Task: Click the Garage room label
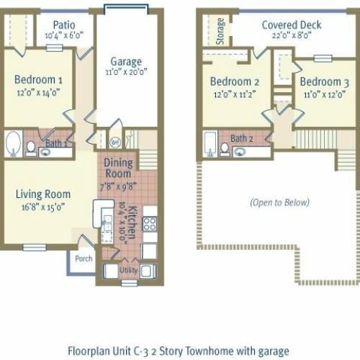pos(126,62)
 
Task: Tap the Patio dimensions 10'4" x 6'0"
pos(64,35)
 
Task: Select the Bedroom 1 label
pos(38,80)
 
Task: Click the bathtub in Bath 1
pos(14,143)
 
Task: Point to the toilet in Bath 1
pos(31,149)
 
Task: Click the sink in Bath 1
pos(45,152)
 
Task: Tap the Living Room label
pos(43,194)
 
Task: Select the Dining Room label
pos(118,168)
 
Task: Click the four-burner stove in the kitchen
pos(150,224)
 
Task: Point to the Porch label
pos(84,258)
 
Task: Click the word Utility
pos(129,270)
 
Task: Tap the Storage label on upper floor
pos(220,31)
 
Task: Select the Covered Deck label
pos(292,25)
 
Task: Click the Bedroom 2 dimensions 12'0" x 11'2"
pos(235,94)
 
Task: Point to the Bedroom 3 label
pos(325,82)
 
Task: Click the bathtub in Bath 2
pos(210,144)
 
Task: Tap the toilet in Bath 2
pos(225,150)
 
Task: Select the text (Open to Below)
pos(279,202)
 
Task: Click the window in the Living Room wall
pos(35,248)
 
